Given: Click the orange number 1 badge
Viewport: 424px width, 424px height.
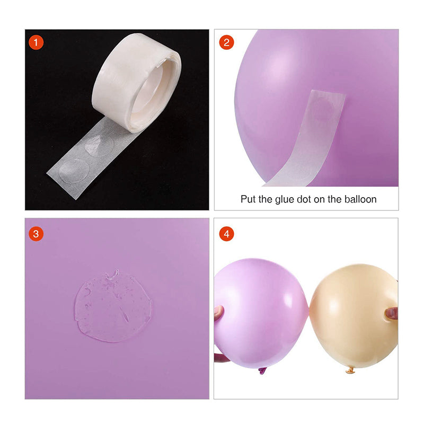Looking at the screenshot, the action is [36, 42].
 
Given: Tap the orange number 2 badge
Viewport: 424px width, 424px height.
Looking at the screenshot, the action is [227, 42].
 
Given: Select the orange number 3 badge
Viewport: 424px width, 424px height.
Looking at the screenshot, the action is [36, 234].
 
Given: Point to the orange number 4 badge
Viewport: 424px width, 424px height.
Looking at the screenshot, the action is [227, 234].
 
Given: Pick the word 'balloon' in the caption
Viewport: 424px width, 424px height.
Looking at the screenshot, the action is [360, 199].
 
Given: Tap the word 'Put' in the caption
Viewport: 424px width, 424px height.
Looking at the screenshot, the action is [248, 199].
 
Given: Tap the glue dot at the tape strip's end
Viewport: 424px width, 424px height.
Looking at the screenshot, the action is [74, 171].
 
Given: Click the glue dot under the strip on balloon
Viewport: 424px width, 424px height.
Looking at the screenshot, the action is [323, 110].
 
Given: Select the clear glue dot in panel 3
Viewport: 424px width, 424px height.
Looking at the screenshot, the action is [113, 306].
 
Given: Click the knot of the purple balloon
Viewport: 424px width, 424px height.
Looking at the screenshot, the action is [262, 370].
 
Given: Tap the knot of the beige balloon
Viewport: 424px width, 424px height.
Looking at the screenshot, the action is [350, 370].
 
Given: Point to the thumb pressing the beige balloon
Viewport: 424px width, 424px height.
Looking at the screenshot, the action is [391, 314].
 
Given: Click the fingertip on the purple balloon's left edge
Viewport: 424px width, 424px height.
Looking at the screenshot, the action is [218, 313].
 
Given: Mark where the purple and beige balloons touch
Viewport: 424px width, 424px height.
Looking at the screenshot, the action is [309, 309].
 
